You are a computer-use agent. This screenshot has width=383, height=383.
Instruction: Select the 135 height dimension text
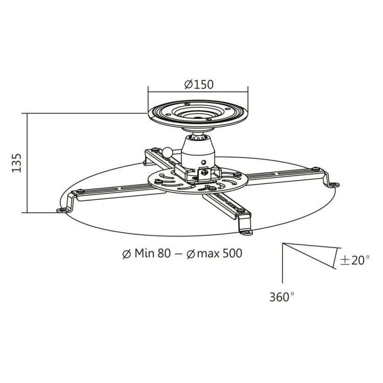pos(16,162)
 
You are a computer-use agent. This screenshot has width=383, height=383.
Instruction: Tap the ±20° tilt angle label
pos(354,260)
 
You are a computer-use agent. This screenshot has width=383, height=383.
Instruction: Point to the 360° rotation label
pos(282,297)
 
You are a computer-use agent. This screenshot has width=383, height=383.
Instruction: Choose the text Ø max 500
pos(214,253)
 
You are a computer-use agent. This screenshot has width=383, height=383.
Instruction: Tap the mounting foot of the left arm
pos(63,209)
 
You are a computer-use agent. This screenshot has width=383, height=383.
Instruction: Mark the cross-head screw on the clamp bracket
pos(204,172)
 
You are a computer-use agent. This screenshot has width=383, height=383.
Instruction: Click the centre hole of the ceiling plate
pos(198,113)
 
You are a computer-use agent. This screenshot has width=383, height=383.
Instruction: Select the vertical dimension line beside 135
pos(27,162)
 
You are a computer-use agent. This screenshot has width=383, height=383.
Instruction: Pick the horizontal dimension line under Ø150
pos(198,92)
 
